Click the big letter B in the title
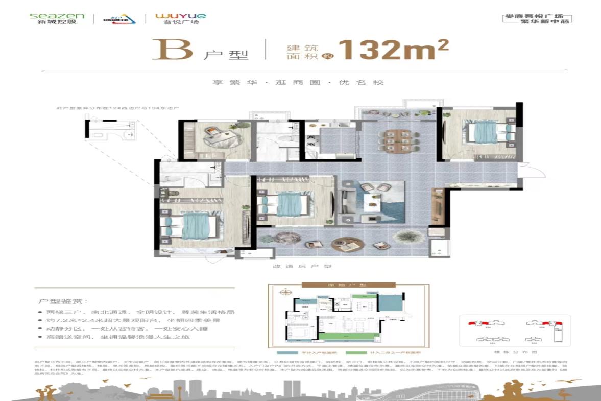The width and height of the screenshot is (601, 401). point(172,50)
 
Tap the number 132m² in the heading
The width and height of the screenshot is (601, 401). point(393,50)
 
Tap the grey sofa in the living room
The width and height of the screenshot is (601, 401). point(352,204)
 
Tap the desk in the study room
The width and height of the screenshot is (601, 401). point(217,135)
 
